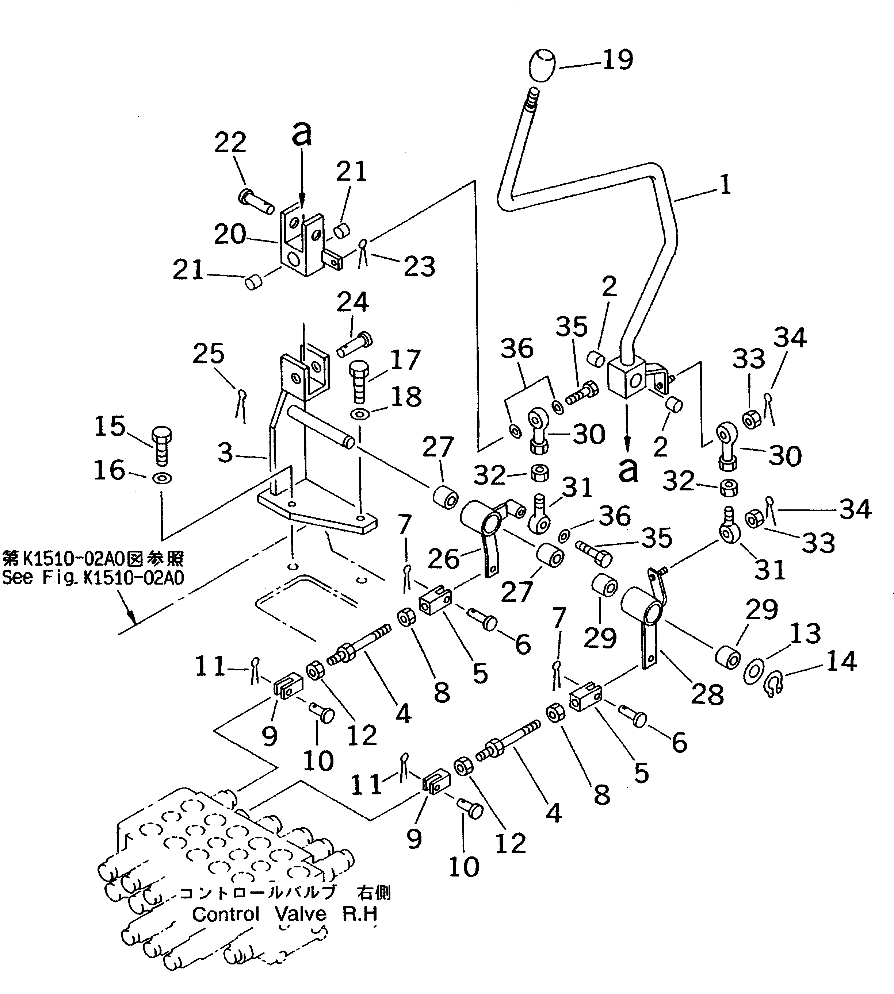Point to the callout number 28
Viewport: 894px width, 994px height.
tap(707, 694)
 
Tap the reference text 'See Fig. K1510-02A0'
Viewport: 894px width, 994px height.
tap(93, 578)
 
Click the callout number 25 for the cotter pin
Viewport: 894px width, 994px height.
tap(208, 354)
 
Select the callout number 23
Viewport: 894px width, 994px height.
tap(419, 266)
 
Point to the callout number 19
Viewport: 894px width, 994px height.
tap(618, 59)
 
